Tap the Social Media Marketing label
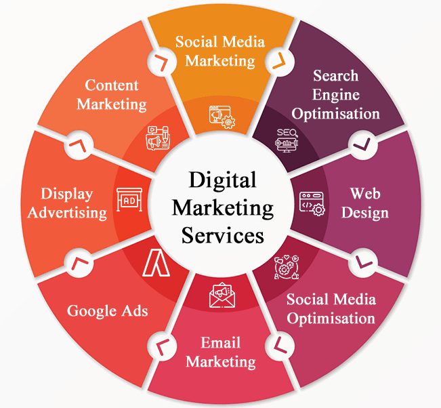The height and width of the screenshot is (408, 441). click(x=220, y=51)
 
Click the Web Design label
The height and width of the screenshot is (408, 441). click(x=365, y=203)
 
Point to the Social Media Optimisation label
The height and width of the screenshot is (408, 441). click(x=331, y=308)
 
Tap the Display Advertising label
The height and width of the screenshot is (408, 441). click(x=73, y=203)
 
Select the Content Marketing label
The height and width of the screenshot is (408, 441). click(x=112, y=94)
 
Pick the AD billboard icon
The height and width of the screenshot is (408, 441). click(x=130, y=201)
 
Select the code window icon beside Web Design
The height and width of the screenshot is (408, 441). click(x=311, y=202)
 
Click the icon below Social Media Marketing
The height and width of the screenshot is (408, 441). click(x=222, y=116)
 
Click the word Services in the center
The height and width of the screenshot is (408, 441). click(x=222, y=235)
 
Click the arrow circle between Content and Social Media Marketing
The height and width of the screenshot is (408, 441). click(x=160, y=62)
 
